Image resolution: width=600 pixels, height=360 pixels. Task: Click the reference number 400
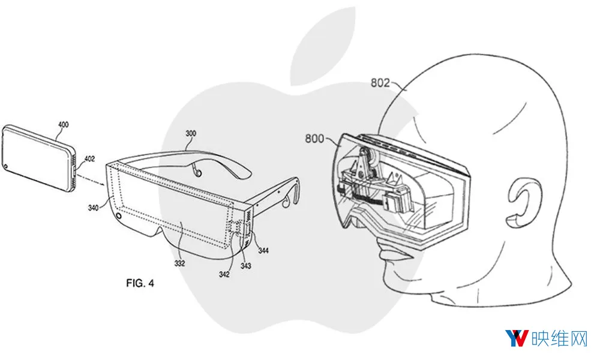point(63,124)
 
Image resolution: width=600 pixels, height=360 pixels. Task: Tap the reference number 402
point(89,159)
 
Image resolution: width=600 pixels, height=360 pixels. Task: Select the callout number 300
point(191,133)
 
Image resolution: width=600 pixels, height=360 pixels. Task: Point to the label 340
point(93,208)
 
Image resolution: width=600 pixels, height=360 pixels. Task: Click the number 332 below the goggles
point(179,263)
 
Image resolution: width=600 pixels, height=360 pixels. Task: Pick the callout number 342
point(224,274)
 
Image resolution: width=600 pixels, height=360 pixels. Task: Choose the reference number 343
point(245,266)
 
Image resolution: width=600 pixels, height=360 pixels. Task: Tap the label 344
point(263,251)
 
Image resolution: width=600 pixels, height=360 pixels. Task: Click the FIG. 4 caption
point(140,283)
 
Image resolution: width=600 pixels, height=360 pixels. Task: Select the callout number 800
point(314,138)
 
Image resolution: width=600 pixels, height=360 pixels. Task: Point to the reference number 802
point(380,83)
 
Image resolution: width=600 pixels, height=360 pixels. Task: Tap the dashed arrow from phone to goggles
point(91,180)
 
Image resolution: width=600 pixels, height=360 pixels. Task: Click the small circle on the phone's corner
point(6,167)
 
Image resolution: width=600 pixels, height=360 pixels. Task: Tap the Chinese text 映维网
point(559,338)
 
